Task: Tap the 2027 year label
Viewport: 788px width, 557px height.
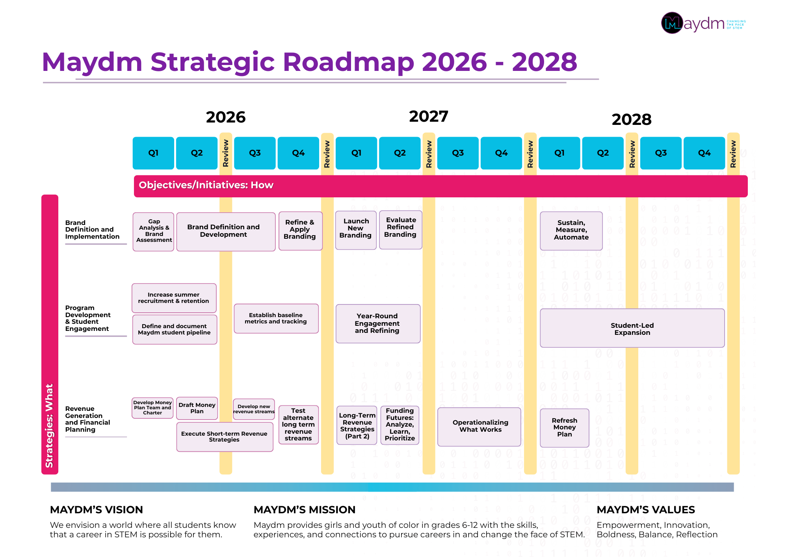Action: click(x=428, y=116)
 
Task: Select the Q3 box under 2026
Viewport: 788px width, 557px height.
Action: click(x=255, y=153)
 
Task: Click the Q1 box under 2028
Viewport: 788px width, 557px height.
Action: click(x=559, y=153)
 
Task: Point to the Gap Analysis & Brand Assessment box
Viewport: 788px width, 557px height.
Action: click(x=154, y=231)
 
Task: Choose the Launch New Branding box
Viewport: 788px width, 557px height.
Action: click(x=355, y=229)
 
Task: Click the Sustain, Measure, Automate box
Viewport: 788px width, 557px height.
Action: click(x=571, y=230)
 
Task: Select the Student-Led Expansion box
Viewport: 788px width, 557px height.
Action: click(x=632, y=328)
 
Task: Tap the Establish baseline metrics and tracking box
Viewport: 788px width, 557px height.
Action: click(x=276, y=318)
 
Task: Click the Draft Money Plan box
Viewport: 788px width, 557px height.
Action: click(x=197, y=408)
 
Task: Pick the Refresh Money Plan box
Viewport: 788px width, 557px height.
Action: click(x=564, y=427)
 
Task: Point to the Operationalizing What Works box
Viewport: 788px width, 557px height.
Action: click(x=480, y=426)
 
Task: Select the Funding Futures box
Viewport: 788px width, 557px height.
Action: click(x=400, y=425)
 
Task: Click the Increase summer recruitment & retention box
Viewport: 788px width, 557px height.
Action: click(x=174, y=298)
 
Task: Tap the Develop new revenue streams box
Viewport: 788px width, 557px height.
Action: click(x=254, y=409)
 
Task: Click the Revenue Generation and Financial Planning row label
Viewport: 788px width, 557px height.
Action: click(x=87, y=419)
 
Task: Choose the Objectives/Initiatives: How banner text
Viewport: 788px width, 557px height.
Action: click(x=206, y=185)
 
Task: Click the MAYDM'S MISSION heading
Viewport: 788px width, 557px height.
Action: click(x=305, y=510)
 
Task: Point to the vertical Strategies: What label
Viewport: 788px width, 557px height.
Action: click(x=50, y=425)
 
